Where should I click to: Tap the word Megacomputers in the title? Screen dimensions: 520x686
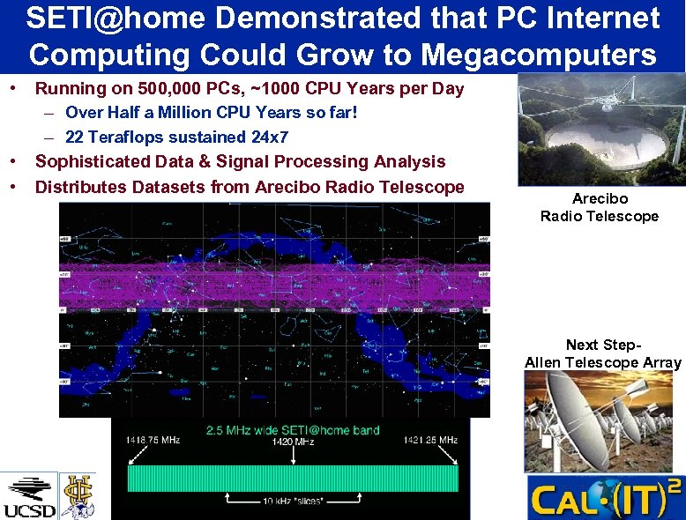click(x=539, y=54)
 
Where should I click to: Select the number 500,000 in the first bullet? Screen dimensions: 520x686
click(x=220, y=88)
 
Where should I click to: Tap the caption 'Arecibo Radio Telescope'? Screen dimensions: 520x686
click(x=599, y=208)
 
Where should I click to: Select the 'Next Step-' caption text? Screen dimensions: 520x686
click(x=603, y=345)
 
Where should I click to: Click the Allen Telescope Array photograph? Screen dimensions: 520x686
click(x=603, y=421)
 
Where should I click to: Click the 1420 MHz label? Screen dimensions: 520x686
click(x=293, y=442)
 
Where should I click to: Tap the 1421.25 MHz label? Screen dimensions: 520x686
click(x=430, y=440)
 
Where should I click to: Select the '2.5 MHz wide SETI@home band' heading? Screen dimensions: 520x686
click(x=293, y=430)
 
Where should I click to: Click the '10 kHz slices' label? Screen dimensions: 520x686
click(x=293, y=501)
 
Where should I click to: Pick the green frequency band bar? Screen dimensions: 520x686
click(x=293, y=478)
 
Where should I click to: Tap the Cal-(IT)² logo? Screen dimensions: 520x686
click(x=605, y=498)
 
